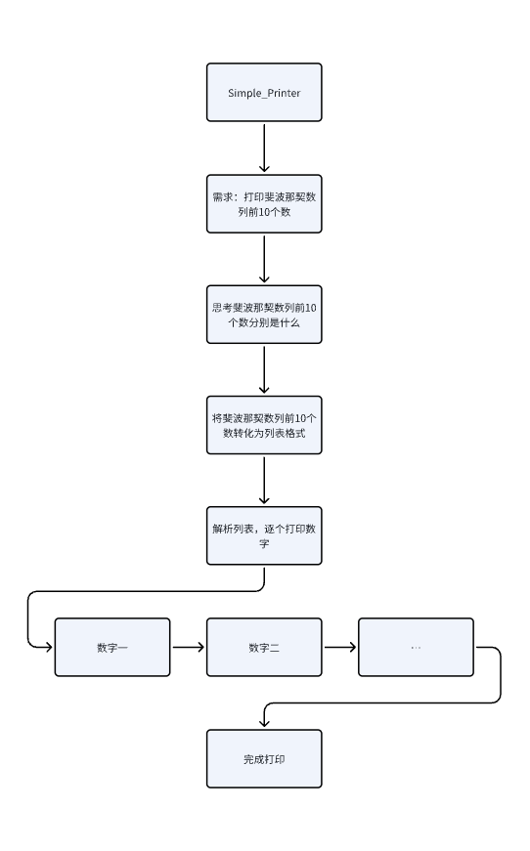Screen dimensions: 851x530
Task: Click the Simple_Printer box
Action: click(x=264, y=93)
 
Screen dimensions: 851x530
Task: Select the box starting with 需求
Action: click(x=264, y=203)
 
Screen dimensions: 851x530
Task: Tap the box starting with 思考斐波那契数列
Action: click(x=264, y=314)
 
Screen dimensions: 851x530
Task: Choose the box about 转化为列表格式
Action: click(x=264, y=424)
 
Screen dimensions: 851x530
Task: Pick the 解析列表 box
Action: click(x=264, y=535)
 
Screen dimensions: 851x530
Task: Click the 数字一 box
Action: click(x=112, y=647)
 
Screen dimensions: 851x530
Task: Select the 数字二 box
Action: click(x=264, y=647)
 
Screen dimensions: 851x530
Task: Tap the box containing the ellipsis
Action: click(x=416, y=647)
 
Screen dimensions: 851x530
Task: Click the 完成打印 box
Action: click(x=264, y=758)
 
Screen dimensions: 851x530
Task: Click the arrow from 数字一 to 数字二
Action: click(x=188, y=647)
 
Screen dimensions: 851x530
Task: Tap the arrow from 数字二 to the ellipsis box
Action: click(x=339, y=647)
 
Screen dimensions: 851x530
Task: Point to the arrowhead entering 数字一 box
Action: click(x=49, y=647)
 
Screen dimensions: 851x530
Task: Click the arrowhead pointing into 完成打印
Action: click(x=264, y=724)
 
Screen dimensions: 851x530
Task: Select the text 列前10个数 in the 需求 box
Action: click(x=264, y=211)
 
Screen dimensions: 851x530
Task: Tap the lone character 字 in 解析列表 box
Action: click(x=264, y=543)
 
